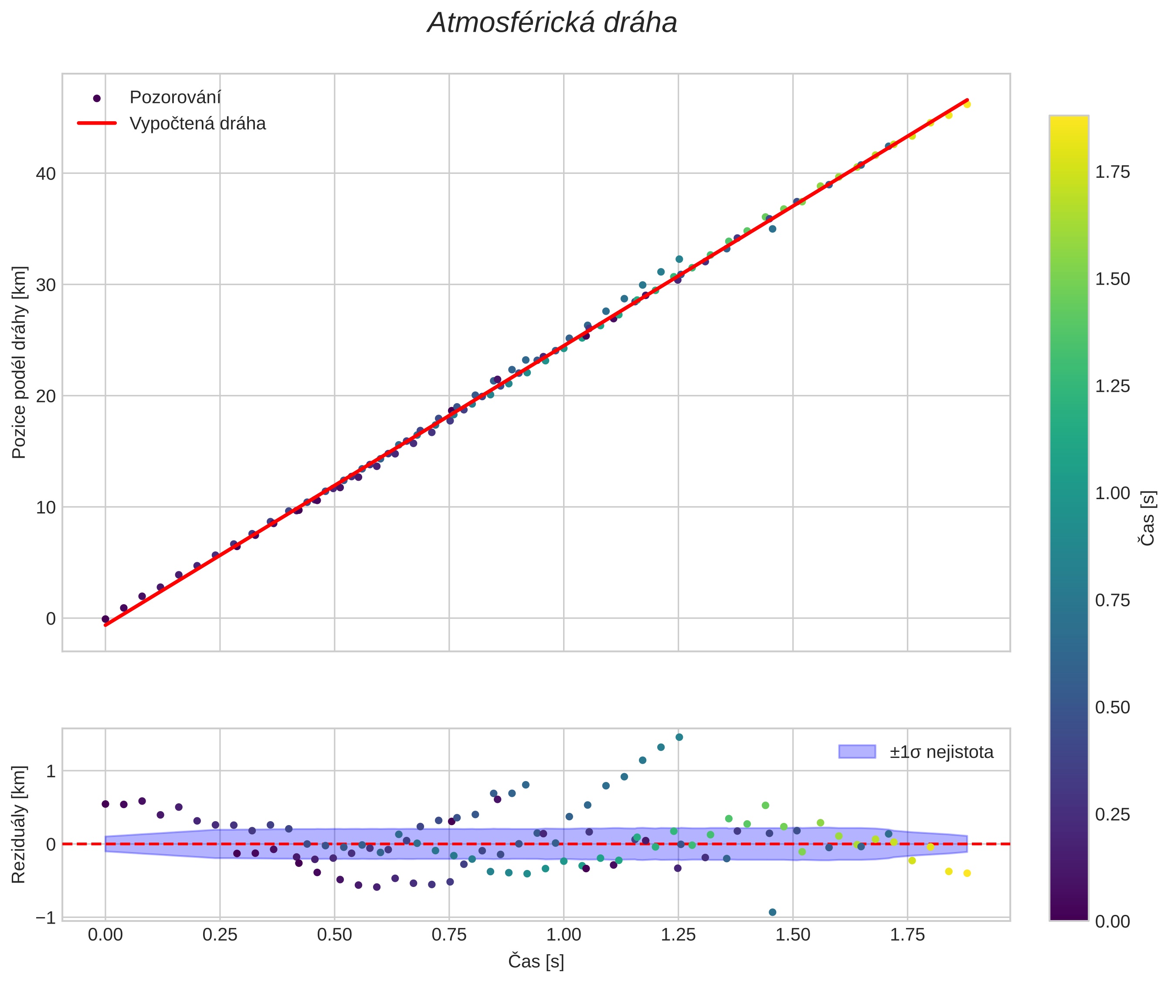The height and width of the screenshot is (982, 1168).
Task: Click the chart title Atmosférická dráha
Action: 552,24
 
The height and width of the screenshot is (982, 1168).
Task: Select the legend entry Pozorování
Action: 175,98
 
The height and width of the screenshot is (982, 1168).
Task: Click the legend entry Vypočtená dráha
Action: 197,124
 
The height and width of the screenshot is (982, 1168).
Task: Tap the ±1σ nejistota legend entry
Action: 941,752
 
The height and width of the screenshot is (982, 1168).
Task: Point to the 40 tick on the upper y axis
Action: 46,173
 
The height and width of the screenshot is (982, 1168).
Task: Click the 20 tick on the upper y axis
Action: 46,396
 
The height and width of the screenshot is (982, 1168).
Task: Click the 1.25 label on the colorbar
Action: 1112,386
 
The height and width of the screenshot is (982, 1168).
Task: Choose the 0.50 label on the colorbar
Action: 1112,707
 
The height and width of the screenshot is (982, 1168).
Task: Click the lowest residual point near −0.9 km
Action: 772,912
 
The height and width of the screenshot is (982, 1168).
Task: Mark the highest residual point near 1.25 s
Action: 679,737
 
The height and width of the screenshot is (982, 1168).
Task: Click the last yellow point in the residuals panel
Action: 967,873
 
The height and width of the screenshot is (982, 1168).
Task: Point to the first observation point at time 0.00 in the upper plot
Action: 105,619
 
